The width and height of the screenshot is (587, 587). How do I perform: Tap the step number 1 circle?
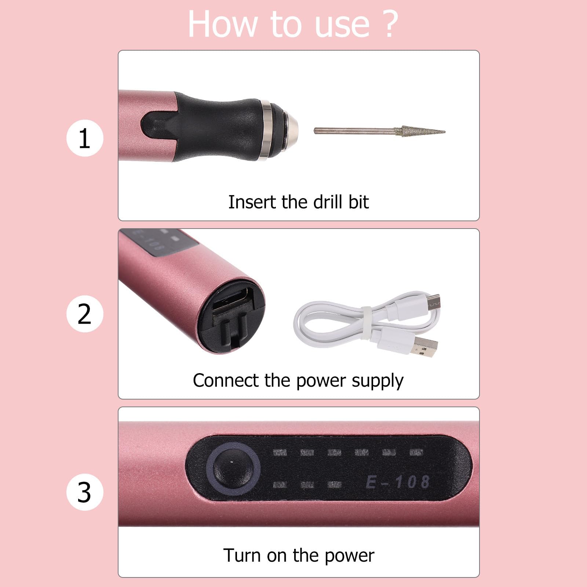(x=85, y=138)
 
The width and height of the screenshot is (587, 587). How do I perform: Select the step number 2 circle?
(x=85, y=314)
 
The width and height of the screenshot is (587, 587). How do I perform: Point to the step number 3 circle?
(x=85, y=492)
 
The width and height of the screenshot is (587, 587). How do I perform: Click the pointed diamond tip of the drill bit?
(x=445, y=132)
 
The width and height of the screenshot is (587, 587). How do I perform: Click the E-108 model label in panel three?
(x=398, y=482)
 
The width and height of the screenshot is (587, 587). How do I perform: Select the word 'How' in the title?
(x=222, y=24)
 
